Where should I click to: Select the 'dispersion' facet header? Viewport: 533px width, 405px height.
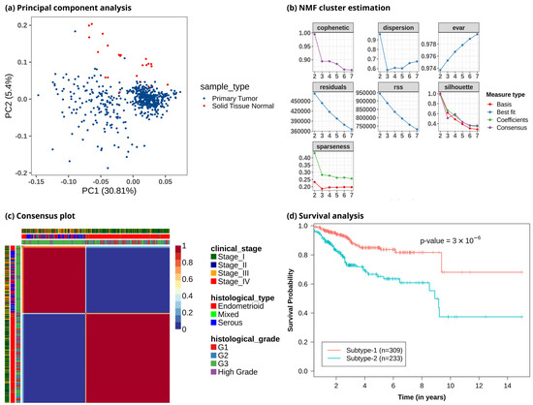tap(386, 23)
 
